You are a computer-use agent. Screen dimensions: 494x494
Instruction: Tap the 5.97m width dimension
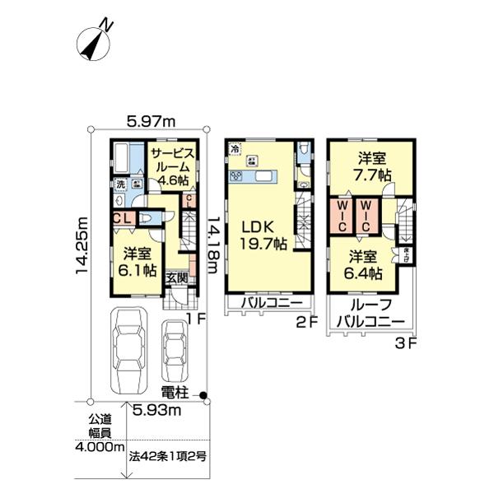[x=152, y=122]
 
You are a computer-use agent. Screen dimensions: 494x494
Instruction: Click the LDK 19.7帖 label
[x=263, y=234]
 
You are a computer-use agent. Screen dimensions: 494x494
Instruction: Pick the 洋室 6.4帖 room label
[x=363, y=263]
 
